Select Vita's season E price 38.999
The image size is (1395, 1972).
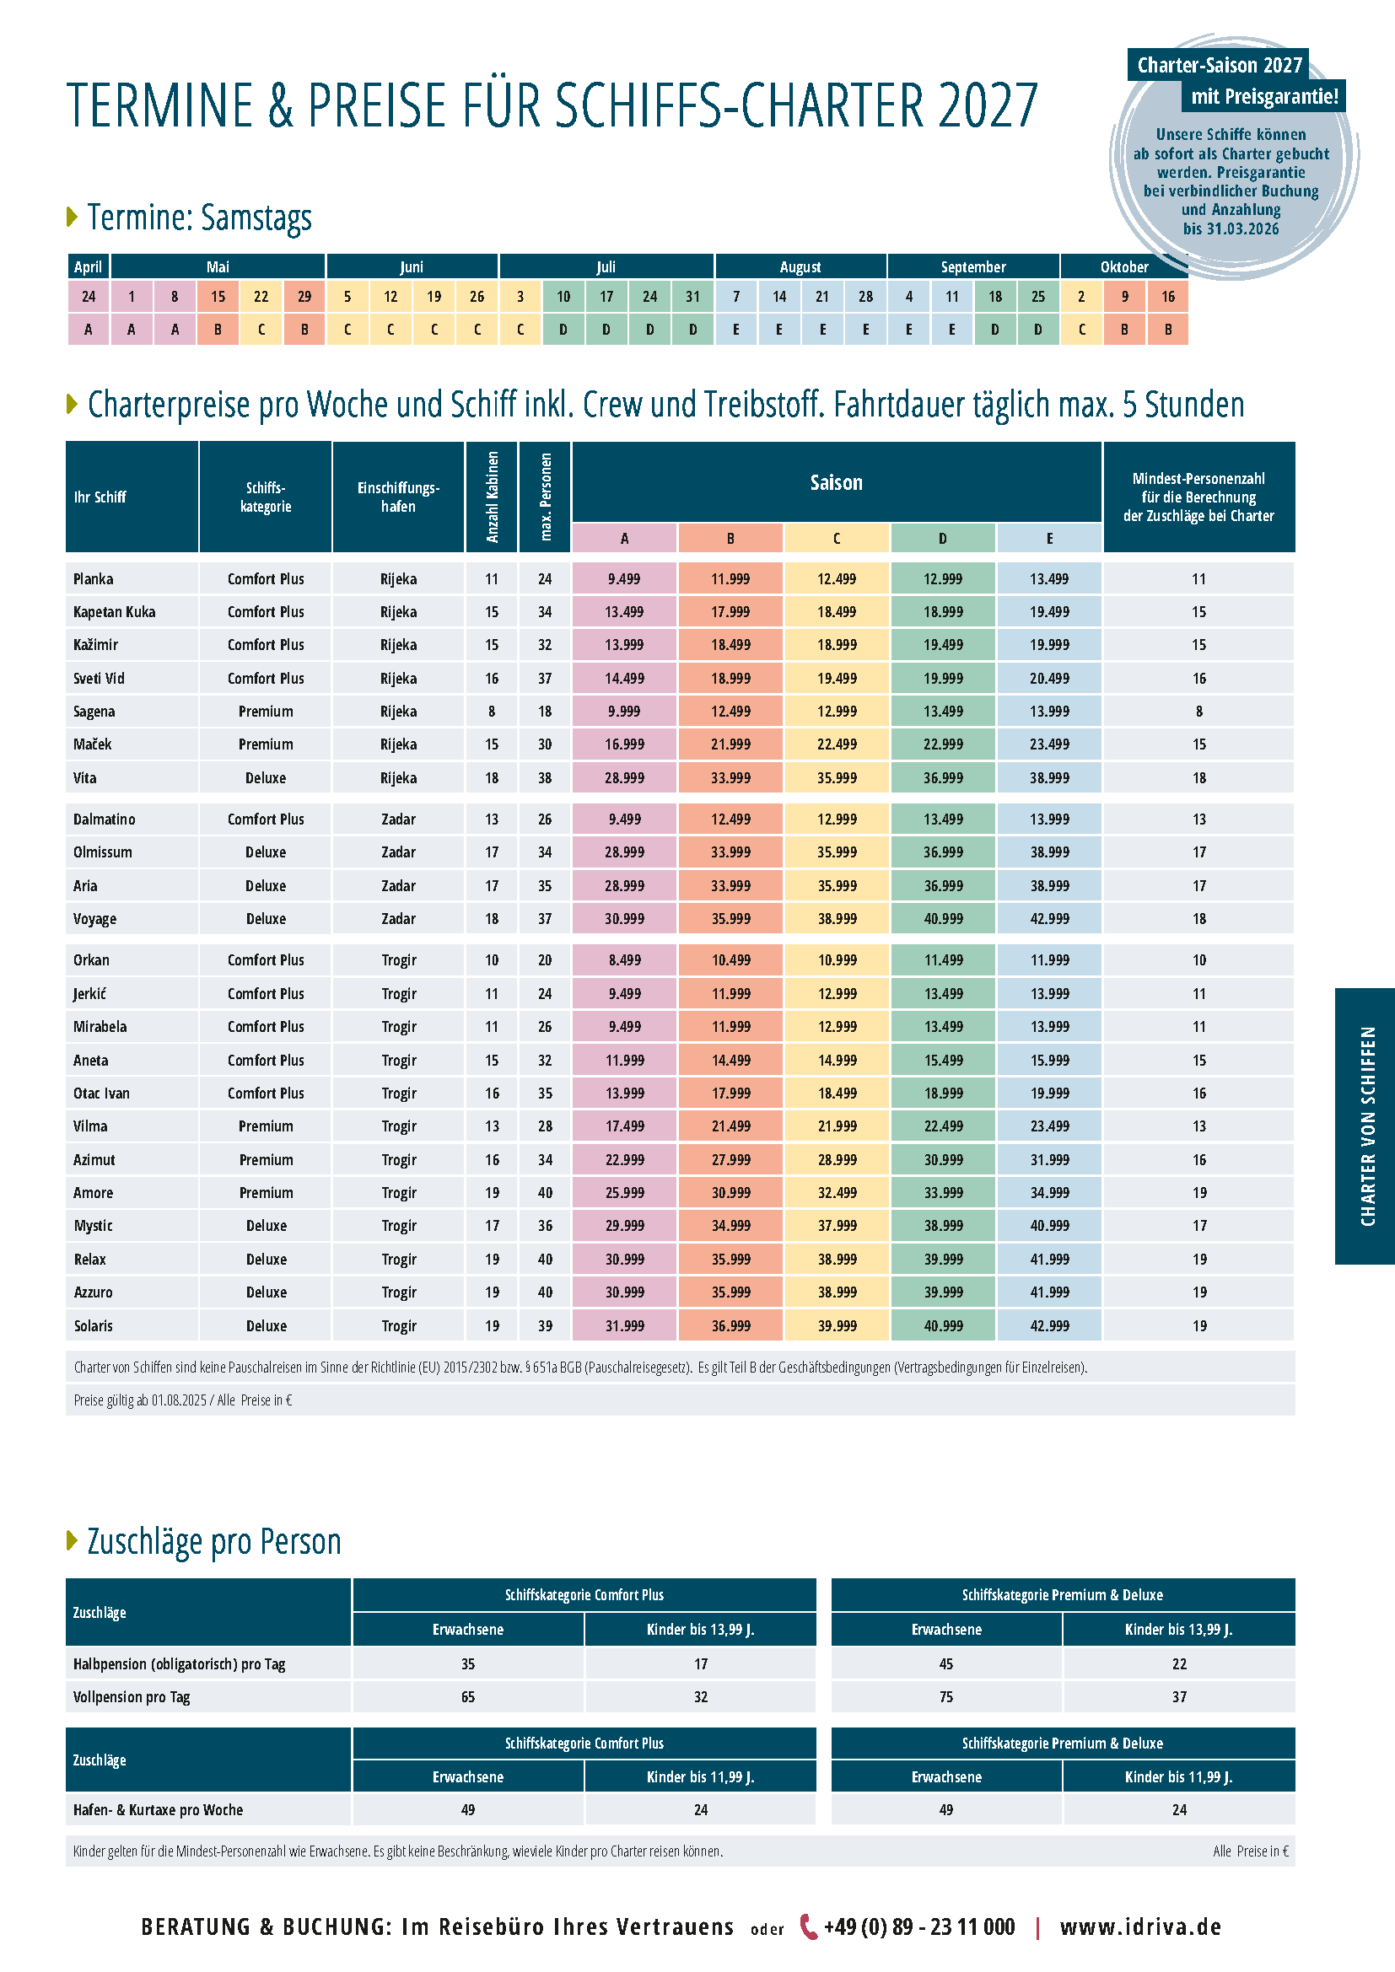[x=1049, y=777]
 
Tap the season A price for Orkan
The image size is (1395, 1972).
[x=624, y=959]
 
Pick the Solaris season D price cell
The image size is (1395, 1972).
[x=943, y=1325]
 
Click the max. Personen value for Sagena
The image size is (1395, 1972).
[x=545, y=712]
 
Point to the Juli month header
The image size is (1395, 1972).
[x=606, y=266]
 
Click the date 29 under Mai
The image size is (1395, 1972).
[x=304, y=296]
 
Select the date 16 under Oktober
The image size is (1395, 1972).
[x=1167, y=296]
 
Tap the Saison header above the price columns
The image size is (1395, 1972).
[x=836, y=483]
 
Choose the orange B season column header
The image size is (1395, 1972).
[x=730, y=539]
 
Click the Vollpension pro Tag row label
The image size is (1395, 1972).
[x=132, y=1696]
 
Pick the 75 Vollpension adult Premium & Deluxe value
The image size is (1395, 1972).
[x=945, y=1696]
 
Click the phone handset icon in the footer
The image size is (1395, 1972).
[x=807, y=1926]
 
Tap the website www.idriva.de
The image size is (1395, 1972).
[x=1140, y=1926]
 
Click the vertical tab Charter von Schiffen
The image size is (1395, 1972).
[x=1367, y=1126]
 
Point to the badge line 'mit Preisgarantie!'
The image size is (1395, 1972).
[x=1263, y=96]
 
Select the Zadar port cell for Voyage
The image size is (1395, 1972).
[x=399, y=918]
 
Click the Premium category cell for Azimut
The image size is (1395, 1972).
[x=267, y=1159]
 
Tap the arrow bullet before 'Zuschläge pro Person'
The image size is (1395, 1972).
[x=73, y=1541]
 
